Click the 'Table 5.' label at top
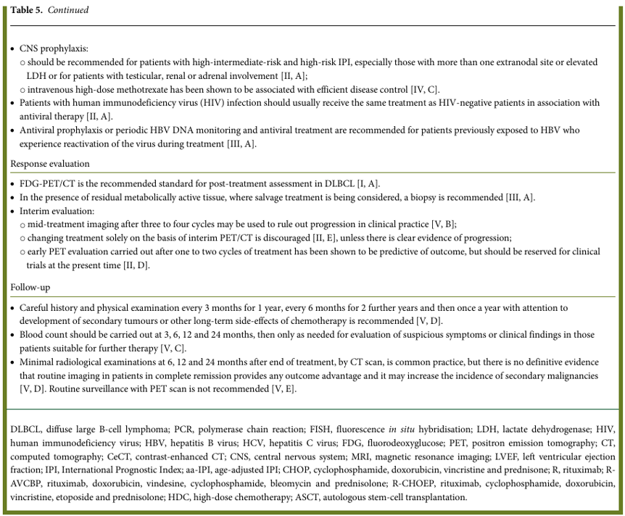[x=27, y=10]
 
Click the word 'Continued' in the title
[x=68, y=10]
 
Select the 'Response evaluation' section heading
[x=50, y=164]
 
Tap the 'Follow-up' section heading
[x=30, y=288]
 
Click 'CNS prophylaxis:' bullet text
[x=53, y=49]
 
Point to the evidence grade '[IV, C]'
[x=423, y=89]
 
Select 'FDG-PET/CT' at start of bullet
[x=45, y=184]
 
